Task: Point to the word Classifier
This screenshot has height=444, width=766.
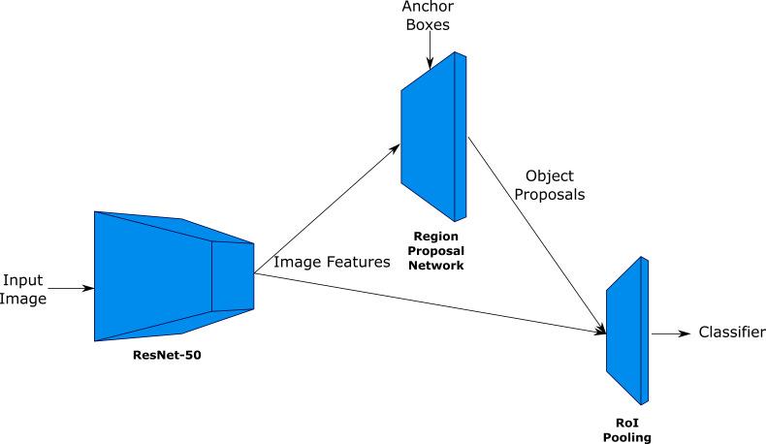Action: coord(732,333)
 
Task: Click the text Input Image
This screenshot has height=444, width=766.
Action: coord(23,289)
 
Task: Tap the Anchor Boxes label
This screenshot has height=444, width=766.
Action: coord(427,16)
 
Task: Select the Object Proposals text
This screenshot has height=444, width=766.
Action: coord(550,184)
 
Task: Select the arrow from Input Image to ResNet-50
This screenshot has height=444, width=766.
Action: coord(70,288)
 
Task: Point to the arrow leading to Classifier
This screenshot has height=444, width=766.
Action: coord(670,333)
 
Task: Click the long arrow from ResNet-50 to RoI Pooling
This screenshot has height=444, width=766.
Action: coord(427,302)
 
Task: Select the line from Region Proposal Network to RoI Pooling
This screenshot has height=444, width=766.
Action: coord(533,233)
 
